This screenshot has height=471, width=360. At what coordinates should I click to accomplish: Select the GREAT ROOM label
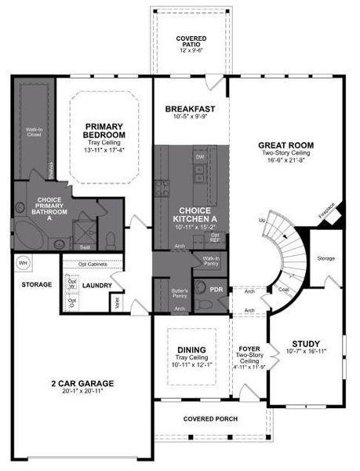tap(287, 145)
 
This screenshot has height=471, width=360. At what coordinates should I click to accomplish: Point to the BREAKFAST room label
tap(190, 108)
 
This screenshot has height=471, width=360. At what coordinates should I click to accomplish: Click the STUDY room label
tap(306, 344)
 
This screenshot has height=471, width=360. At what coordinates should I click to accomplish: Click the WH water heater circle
tap(24, 263)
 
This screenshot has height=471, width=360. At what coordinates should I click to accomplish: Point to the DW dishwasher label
tap(198, 157)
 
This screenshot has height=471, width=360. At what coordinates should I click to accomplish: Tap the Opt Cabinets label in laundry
tap(93, 264)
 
